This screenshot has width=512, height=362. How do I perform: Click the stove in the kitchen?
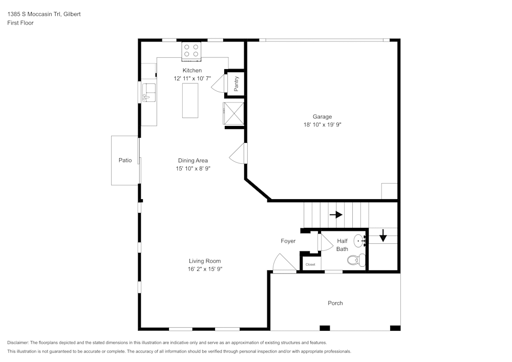pyautogui.click(x=191, y=51)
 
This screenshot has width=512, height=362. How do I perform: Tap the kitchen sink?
pyautogui.click(x=149, y=93)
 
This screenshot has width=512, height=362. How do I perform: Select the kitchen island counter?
pyautogui.click(x=190, y=100)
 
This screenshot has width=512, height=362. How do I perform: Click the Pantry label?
pyautogui.click(x=236, y=83)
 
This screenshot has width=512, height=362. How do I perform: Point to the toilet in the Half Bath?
pyautogui.click(x=356, y=260)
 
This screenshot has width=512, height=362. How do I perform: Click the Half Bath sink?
pyautogui.click(x=359, y=241)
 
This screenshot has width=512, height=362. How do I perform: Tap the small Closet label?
pyautogui.click(x=310, y=264)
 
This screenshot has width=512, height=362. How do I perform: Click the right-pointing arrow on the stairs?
pyautogui.click(x=336, y=215)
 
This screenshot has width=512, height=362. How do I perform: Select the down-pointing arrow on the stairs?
pyautogui.click(x=383, y=236)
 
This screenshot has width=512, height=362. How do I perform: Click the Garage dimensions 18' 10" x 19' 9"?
pyautogui.click(x=322, y=124)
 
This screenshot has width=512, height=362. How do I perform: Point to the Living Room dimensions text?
pyautogui.click(x=205, y=269)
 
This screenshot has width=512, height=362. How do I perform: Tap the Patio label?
pyautogui.click(x=125, y=160)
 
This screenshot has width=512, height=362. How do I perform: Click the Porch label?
pyautogui.click(x=335, y=303)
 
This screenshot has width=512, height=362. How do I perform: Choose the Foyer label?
pyautogui.click(x=288, y=241)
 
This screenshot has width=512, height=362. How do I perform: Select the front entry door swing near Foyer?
pyautogui.click(x=284, y=263)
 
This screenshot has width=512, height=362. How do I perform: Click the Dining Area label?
pyautogui.click(x=193, y=161)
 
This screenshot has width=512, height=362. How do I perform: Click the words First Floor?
pyautogui.click(x=20, y=23)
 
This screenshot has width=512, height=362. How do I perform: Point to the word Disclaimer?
pyautogui.click(x=17, y=343)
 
